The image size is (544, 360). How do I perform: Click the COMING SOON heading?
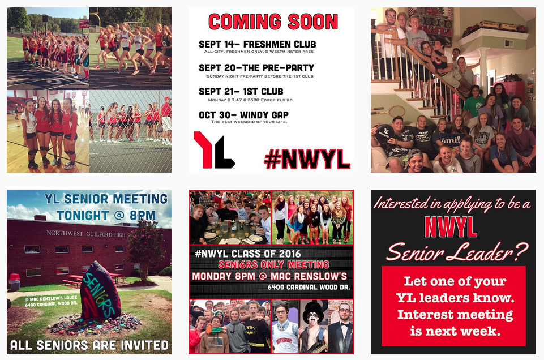pyautogui.click(x=272, y=22)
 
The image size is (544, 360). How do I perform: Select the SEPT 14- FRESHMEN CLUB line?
pyautogui.click(x=257, y=44)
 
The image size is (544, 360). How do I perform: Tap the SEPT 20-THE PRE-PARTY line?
pyautogui.click(x=256, y=68)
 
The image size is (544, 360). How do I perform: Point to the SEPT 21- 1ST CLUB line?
pyautogui.click(x=241, y=92)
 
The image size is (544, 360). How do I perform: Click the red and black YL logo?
pyautogui.click(x=213, y=150)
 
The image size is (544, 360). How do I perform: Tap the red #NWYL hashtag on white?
pyautogui.click(x=307, y=159)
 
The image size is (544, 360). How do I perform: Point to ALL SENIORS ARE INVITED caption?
pyautogui.click(x=89, y=345)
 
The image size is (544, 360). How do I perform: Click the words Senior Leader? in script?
pyautogui.click(x=457, y=251)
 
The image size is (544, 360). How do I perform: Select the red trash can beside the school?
pyautogui.click(x=15, y=281)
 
